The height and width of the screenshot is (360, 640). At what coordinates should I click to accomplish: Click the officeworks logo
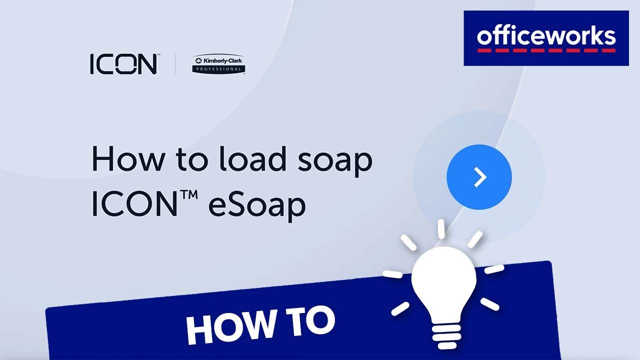click(546, 38)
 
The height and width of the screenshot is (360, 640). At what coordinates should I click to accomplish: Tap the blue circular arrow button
click(479, 177)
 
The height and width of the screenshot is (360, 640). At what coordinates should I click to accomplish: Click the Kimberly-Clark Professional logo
click(218, 64)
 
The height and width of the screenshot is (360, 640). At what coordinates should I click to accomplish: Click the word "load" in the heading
click(252, 158)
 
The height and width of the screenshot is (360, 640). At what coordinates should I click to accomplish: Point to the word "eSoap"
click(257, 205)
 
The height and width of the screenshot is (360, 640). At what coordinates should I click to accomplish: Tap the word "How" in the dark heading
click(128, 158)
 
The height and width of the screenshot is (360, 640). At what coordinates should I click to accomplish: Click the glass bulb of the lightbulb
click(443, 283)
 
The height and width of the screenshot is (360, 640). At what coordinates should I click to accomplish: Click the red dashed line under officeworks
click(546, 50)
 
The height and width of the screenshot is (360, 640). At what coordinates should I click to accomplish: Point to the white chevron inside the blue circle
click(480, 177)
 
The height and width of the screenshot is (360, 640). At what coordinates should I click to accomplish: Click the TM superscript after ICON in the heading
click(188, 195)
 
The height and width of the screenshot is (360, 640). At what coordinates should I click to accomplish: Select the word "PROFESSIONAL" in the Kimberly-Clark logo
click(218, 69)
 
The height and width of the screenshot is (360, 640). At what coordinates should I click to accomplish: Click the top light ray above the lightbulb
click(441, 229)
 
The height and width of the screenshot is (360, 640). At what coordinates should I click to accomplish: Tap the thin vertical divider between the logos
click(175, 64)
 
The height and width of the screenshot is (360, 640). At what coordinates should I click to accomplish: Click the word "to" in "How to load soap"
click(191, 159)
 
